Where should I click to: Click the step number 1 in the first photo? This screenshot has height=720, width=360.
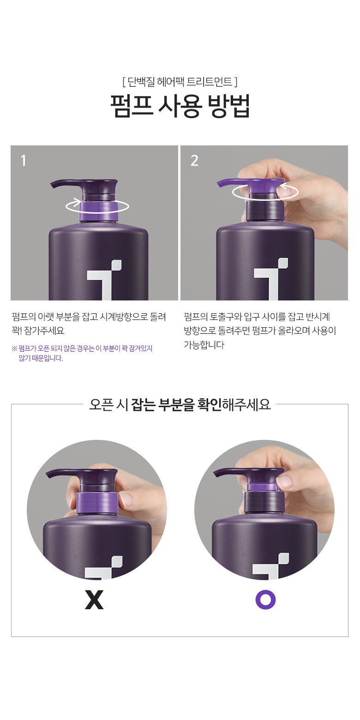pyautogui.click(x=23, y=161)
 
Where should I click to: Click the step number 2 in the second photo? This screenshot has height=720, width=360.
pyautogui.click(x=194, y=161)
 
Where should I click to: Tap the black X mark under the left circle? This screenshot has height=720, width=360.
pyautogui.click(x=94, y=600)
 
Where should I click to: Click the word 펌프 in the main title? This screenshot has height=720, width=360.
pyautogui.click(x=132, y=106)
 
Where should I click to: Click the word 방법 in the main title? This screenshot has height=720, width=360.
pyautogui.click(x=229, y=106)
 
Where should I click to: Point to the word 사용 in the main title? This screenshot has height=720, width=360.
pyautogui.click(x=180, y=106)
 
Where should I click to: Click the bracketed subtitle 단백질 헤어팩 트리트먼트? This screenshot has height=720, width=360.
pyautogui.click(x=180, y=82)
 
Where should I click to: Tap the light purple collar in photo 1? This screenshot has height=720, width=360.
pyautogui.click(x=98, y=211)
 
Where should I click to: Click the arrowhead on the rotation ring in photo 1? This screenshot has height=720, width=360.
pyautogui.click(x=77, y=202)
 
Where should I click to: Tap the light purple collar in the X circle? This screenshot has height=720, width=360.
pyautogui.click(x=97, y=503)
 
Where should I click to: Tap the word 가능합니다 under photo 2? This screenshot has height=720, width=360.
pyautogui.click(x=204, y=345)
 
